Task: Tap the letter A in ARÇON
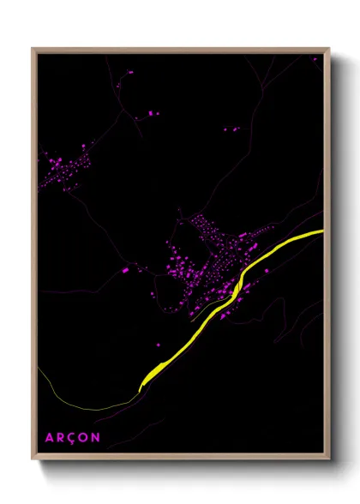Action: click(x=49, y=437)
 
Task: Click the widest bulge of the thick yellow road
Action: click(x=154, y=371)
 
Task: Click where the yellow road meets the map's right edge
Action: click(x=323, y=231)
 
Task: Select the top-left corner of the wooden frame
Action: click(x=33, y=49)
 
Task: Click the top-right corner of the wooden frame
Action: click(x=328, y=49)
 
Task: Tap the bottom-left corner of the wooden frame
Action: click(x=33, y=459)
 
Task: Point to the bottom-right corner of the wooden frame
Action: click(x=328, y=459)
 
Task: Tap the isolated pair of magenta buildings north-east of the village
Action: click(x=231, y=129)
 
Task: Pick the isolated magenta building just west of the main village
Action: click(x=125, y=270)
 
